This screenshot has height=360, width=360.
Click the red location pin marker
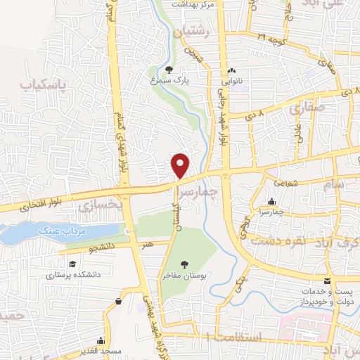tap(181, 165)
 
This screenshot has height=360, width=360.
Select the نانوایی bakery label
tap(231, 82)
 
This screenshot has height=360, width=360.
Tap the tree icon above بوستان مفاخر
tap(184, 264)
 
